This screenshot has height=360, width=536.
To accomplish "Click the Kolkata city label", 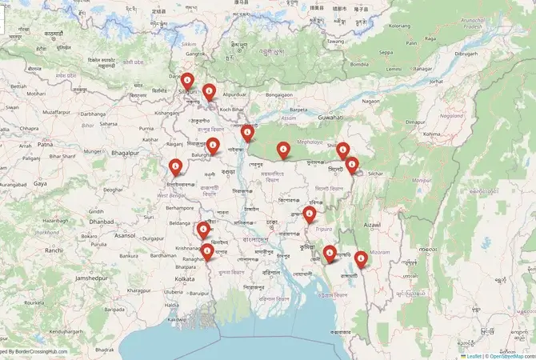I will tap(185, 278).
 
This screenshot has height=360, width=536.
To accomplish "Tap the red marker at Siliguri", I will tap(187, 81).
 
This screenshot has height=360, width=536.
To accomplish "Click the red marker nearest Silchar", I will tap(352, 166).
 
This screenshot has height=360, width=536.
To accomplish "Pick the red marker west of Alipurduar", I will tap(209, 91).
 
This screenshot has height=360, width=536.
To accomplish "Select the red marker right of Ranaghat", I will tap(208, 252).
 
